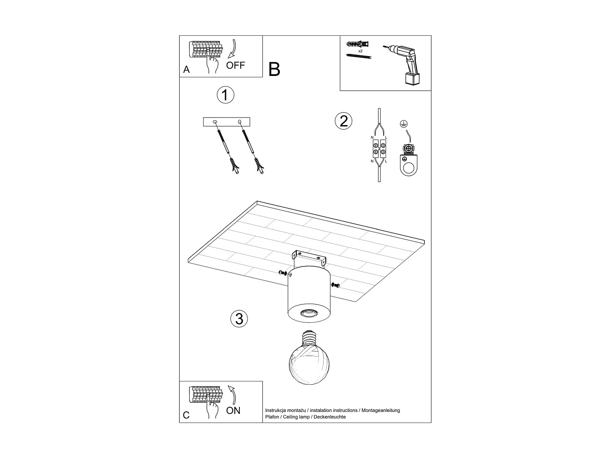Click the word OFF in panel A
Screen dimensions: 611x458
pos(235,65)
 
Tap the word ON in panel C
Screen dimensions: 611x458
pos(233,411)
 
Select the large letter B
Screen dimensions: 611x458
pos(274,69)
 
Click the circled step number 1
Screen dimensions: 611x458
pos(225,95)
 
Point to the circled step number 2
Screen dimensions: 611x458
pos(344,121)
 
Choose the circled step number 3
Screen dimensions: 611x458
pos(239,319)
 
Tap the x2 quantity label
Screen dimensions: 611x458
pos(360,51)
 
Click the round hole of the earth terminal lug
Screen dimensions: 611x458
pos(409,168)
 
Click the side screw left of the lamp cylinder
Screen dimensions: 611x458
pos(284,273)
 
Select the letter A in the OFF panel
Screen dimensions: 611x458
pos(186,70)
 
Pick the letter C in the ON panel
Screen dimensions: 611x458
pos(186,415)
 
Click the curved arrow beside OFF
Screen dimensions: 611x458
pos(234,48)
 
